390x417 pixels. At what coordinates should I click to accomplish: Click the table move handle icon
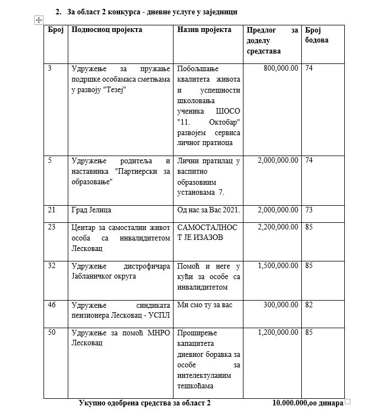coord(39,20)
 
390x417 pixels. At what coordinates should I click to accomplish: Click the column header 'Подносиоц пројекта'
coord(107,30)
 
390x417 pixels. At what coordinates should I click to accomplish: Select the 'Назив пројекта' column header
coord(204,30)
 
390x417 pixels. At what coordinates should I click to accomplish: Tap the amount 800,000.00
coord(278,68)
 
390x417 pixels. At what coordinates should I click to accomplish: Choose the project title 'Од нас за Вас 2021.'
coord(208,210)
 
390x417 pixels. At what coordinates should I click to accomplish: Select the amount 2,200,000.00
coord(278,227)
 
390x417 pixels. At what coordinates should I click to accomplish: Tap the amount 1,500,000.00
coord(278,265)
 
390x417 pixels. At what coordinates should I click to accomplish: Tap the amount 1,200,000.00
coord(278,333)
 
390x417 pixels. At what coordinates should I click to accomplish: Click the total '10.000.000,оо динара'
coord(307,403)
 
